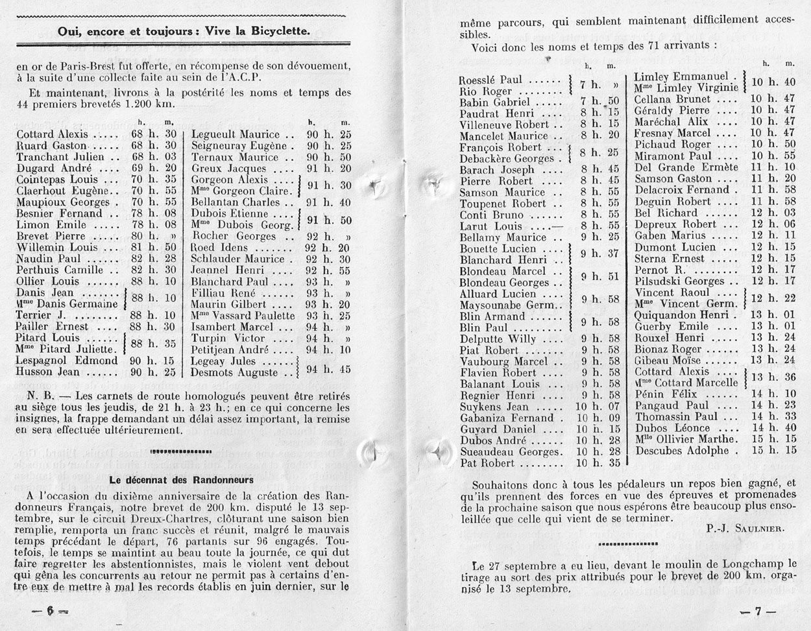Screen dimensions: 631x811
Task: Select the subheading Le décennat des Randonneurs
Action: (x=181, y=481)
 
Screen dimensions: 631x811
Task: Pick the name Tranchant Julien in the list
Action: (x=60, y=157)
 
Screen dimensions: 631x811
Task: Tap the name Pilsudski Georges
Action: (x=679, y=281)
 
